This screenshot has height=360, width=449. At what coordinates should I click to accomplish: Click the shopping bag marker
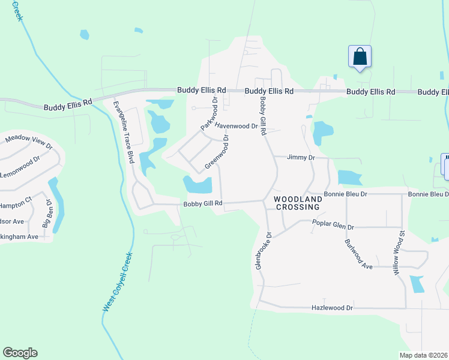coord(360,57)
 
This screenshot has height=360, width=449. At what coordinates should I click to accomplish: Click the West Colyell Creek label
coord(117,281)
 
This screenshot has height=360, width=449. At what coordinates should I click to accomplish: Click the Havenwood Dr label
coord(236,127)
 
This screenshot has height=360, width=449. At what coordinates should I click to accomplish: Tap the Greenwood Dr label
coord(217,151)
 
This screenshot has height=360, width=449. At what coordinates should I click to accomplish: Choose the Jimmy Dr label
coord(301,157)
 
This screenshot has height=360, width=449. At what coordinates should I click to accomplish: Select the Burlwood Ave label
coord(360,254)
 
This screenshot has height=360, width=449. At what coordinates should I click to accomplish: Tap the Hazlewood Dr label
coord(332,307)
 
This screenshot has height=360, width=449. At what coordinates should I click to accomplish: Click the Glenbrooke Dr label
coord(264,251)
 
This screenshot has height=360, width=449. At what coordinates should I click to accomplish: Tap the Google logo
coord(20,353)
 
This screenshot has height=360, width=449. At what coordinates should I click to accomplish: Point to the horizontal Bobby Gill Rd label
coord(203,204)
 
